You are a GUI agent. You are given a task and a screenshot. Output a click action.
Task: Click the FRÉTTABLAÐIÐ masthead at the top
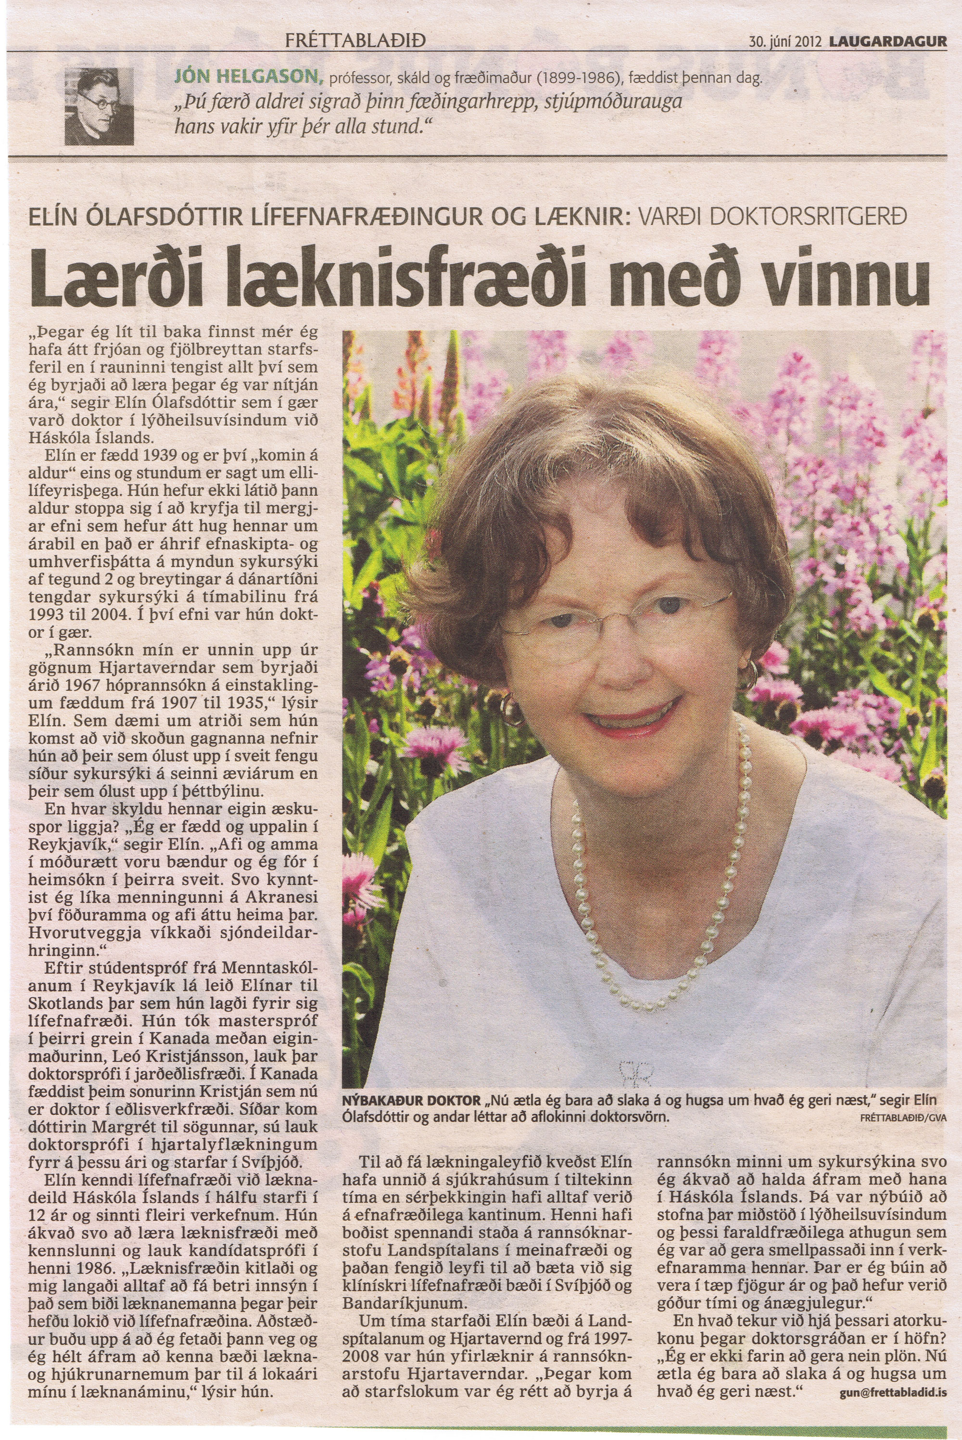coord(356,42)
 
